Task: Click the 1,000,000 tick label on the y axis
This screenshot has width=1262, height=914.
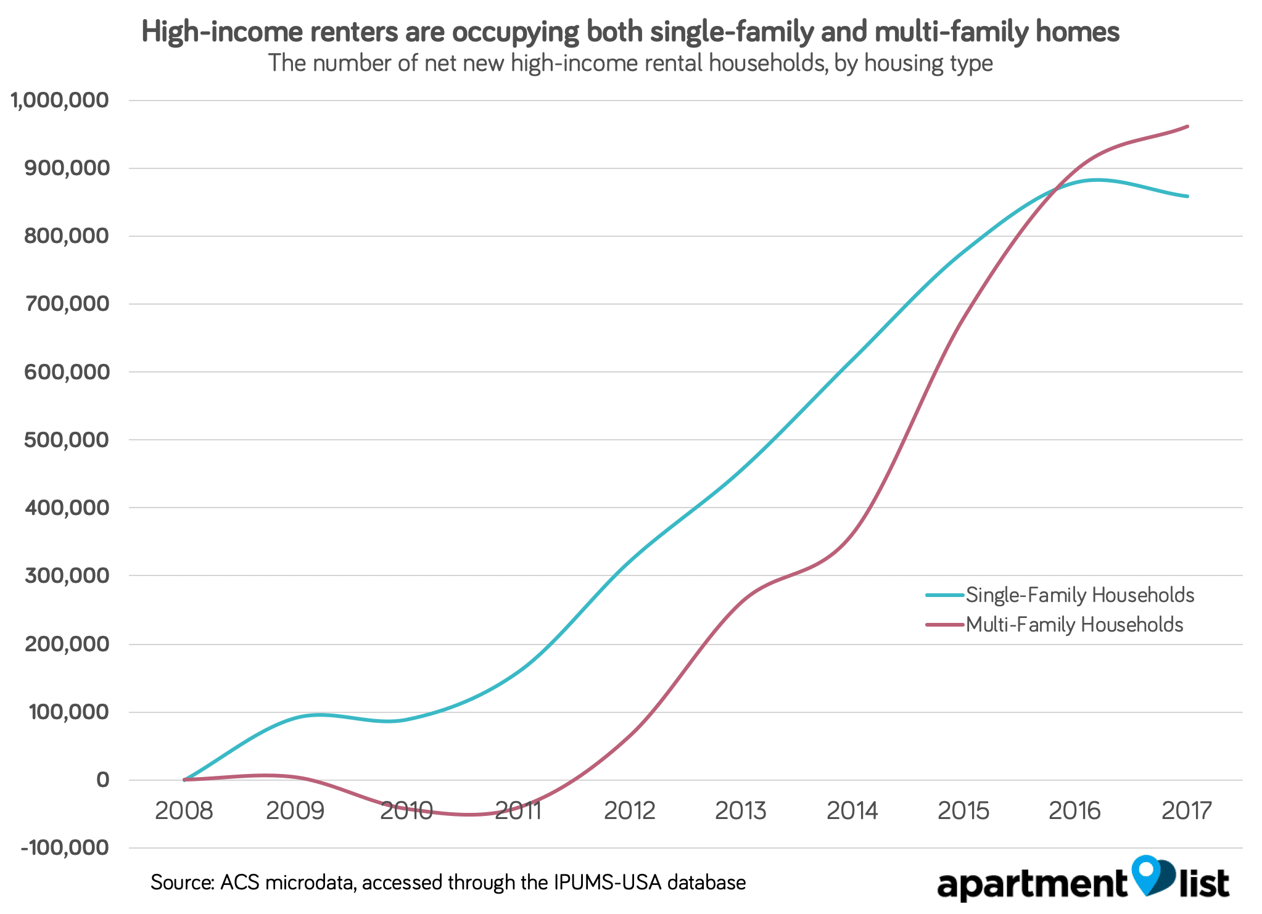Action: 60,100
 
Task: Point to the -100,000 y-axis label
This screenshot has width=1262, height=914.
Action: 65,847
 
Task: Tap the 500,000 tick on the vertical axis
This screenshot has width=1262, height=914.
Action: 67,440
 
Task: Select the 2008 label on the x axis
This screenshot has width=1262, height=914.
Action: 184,810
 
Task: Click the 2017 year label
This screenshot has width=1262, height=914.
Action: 1187,810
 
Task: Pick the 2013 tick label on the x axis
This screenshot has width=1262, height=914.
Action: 741,810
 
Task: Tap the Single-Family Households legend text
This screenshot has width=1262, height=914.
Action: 1080,595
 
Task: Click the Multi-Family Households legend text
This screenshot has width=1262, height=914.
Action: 1074,625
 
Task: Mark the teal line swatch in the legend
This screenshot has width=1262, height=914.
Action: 944,595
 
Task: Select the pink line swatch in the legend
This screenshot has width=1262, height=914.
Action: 944,625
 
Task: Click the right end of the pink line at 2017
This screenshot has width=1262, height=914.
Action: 1187,126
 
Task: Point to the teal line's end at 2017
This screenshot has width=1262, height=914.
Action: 1187,197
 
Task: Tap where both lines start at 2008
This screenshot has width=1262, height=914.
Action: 184,780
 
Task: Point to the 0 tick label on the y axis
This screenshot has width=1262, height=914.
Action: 102,780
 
